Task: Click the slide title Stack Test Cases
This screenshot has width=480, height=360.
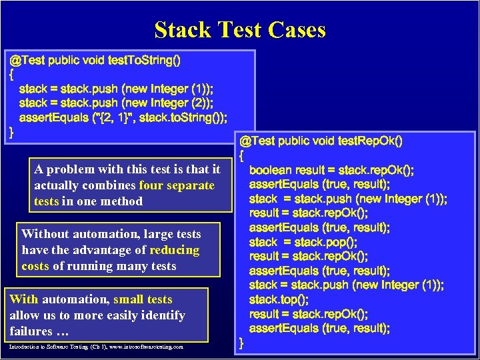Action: tap(240, 30)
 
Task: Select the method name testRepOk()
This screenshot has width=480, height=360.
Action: tap(371, 141)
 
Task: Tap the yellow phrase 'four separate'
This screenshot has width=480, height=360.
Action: tap(177, 185)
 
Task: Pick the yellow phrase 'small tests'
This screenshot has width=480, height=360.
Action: tap(143, 299)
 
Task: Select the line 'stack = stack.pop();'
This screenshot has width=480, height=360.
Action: tap(303, 242)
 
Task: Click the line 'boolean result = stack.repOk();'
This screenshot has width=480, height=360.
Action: tap(332, 170)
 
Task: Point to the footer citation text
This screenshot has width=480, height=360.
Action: tap(97, 347)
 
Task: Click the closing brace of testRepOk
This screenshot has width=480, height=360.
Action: tap(242, 343)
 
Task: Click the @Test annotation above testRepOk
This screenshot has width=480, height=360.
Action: tap(257, 141)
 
